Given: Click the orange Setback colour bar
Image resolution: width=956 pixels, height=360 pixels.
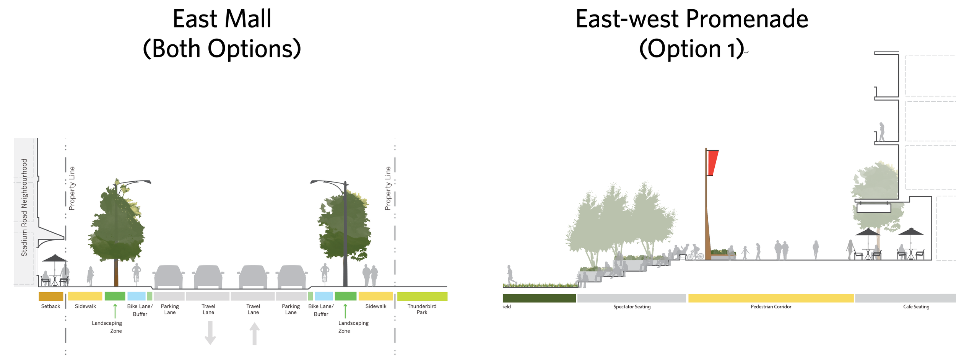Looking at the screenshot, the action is pyautogui.click(x=51, y=296).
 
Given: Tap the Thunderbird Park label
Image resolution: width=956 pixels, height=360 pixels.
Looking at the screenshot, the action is pyautogui.click(x=422, y=309).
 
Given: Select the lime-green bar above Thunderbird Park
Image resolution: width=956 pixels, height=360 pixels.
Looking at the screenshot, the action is pyautogui.click(x=422, y=296).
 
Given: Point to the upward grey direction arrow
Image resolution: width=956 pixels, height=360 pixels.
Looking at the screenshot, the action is pyautogui.click(x=255, y=334).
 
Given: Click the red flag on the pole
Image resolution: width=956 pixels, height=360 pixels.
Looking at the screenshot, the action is pyautogui.click(x=712, y=162).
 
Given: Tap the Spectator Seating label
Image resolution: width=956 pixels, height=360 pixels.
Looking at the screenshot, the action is pyautogui.click(x=632, y=307).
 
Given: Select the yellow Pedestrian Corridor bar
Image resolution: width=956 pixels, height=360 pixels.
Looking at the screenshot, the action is pyautogui.click(x=771, y=298).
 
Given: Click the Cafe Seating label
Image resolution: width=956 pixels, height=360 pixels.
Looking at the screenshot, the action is pyautogui.click(x=916, y=307).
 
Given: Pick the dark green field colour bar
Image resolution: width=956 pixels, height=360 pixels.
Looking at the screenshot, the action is pyautogui.click(x=539, y=298).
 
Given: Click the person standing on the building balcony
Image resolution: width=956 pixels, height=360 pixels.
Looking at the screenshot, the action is pyautogui.click(x=882, y=132).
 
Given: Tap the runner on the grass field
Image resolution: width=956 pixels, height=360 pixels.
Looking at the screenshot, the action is pyautogui.click(x=511, y=275).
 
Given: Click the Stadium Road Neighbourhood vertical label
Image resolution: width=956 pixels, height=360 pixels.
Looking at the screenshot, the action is pyautogui.click(x=24, y=207).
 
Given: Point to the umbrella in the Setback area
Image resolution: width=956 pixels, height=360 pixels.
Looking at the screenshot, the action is pyautogui.click(x=55, y=259).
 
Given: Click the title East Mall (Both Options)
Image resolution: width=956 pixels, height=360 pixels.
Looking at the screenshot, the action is pyautogui.click(x=222, y=34).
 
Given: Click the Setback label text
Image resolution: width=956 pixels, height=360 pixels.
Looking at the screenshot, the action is pyautogui.click(x=50, y=306).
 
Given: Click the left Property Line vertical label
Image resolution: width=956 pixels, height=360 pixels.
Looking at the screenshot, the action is pyautogui.click(x=72, y=188).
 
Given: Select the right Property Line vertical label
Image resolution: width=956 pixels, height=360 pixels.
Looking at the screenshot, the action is pyautogui.click(x=388, y=188).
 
